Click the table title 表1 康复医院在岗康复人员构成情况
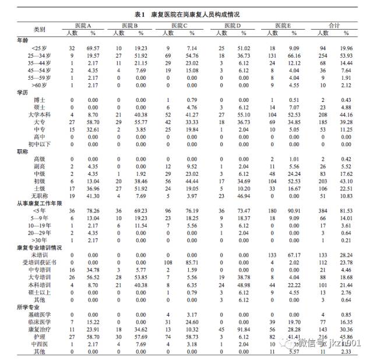(x=186, y=13)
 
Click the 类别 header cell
(x=39, y=29)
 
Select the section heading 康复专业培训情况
(x=38, y=247)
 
